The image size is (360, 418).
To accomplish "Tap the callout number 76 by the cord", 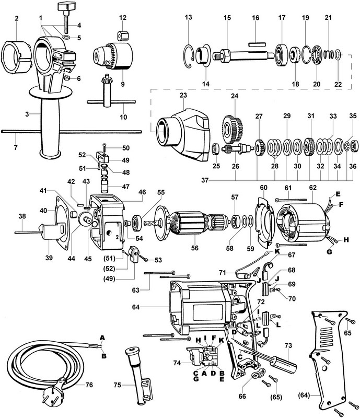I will (89, 385).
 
